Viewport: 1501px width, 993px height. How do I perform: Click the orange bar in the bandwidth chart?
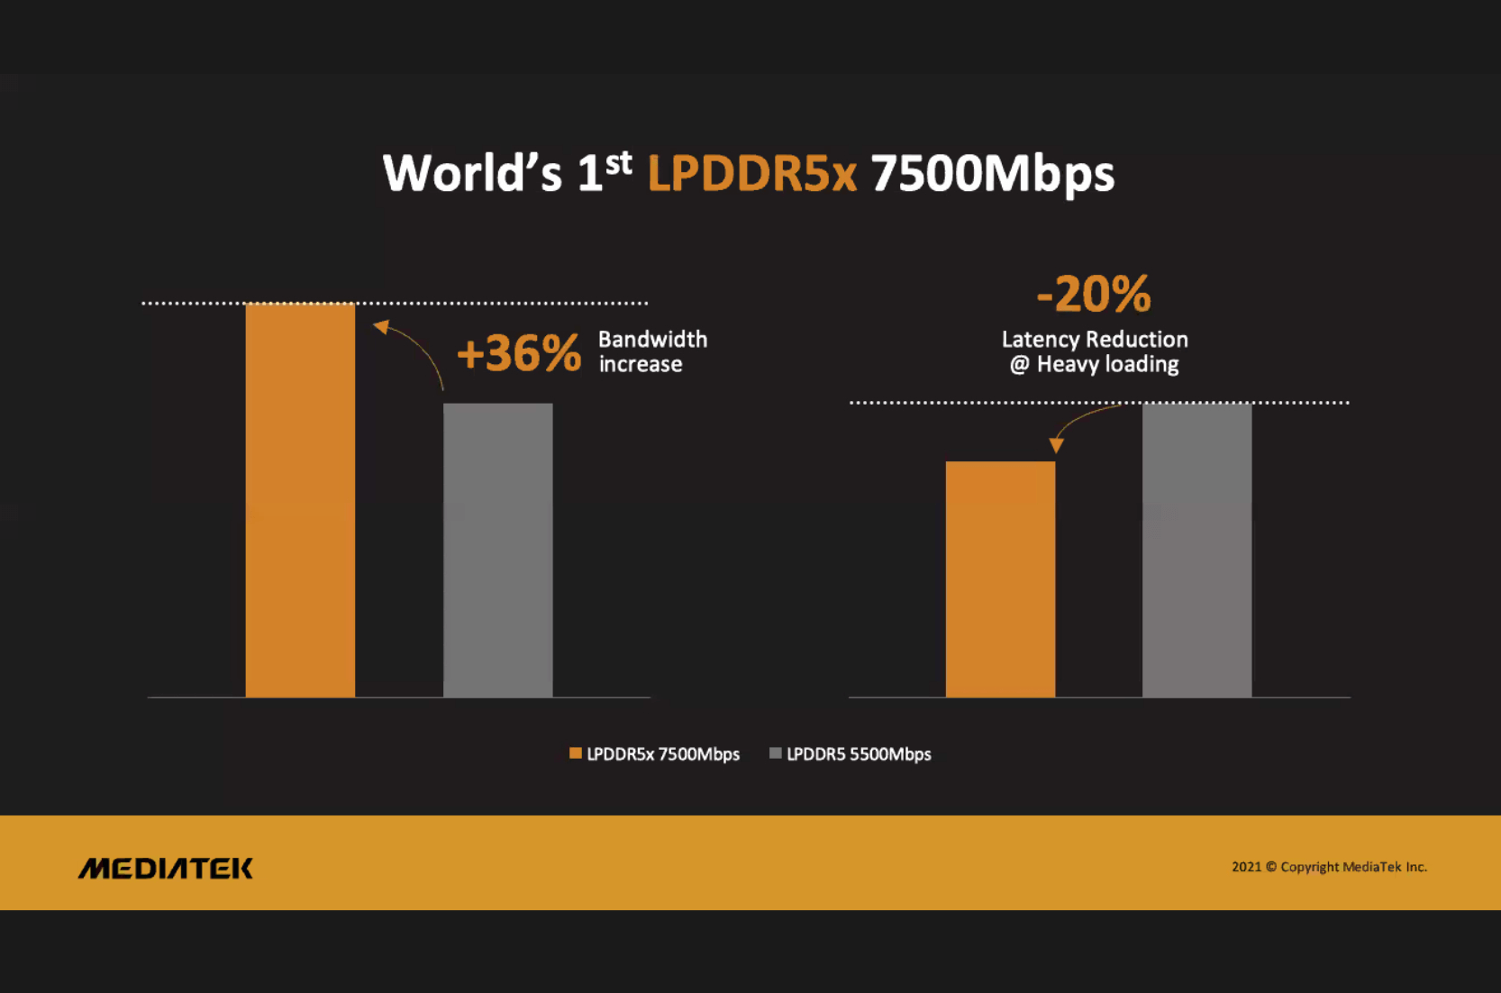point(300,500)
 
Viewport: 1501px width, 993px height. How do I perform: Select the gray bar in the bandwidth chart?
point(497,550)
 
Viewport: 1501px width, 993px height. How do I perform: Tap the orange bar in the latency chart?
point(1000,578)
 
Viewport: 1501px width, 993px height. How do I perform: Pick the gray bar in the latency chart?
point(1196,550)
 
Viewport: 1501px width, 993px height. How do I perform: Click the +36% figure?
point(518,352)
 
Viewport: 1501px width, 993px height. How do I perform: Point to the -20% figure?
point(1094,294)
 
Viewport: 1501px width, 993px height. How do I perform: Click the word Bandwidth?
point(652,340)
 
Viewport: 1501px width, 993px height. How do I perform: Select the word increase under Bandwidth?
point(641,364)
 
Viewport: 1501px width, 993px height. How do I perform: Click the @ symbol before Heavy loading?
point(1019,364)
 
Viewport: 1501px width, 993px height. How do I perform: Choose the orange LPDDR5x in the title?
point(751,173)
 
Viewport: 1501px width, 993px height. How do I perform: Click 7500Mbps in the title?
point(993,173)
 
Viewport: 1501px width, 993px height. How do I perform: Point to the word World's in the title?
point(472,173)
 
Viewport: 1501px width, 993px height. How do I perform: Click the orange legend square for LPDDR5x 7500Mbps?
point(576,753)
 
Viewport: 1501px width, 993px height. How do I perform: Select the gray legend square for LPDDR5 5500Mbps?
point(776,753)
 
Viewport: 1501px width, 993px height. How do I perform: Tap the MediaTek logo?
point(166,868)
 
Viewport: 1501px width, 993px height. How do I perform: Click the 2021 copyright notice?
point(1329,867)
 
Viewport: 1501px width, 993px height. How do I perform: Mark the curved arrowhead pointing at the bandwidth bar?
point(382,327)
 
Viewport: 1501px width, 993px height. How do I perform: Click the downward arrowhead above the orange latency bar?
point(1056,445)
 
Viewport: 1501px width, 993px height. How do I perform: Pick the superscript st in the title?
point(618,162)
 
